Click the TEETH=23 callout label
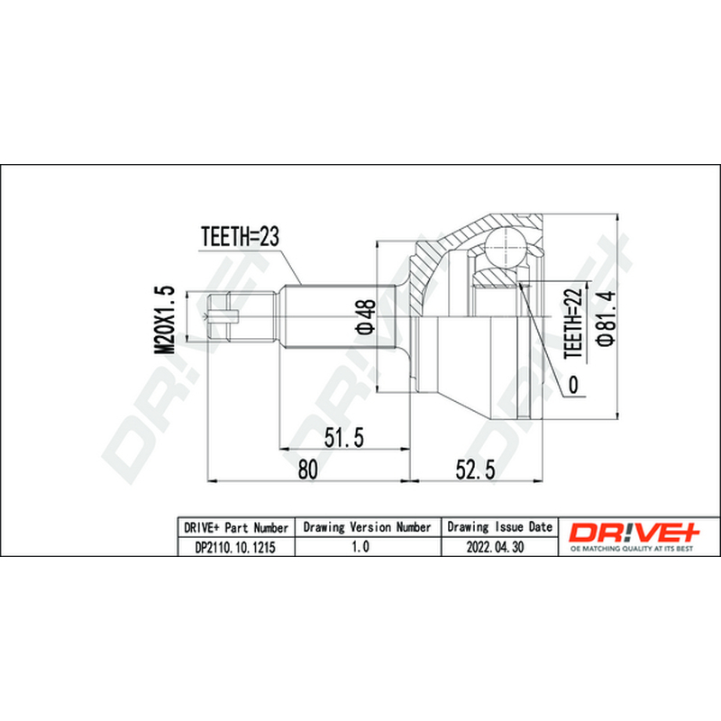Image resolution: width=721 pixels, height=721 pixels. click(240, 237)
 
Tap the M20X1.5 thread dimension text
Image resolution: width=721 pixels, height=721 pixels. click(165, 319)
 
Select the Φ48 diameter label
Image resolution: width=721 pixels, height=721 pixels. click(366, 316)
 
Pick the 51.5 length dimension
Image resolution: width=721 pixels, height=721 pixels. click(344, 437)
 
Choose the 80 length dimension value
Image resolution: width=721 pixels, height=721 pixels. click(307, 470)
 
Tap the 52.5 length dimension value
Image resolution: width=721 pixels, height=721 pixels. click(476, 470)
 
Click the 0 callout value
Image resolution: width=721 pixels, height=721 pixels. click(573, 384)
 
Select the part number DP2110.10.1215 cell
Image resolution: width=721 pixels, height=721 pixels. click(235, 547)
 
